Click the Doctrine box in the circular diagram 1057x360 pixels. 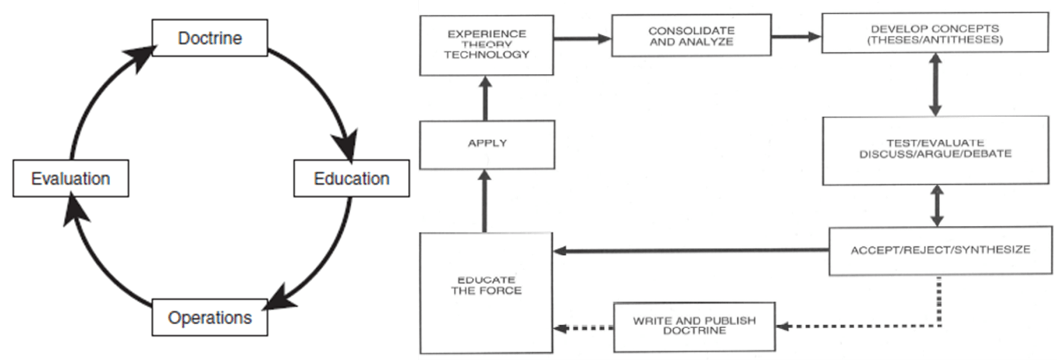[x=210, y=38]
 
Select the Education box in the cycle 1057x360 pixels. [x=351, y=178]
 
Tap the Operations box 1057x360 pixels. [x=210, y=318]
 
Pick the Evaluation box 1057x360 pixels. [x=70, y=178]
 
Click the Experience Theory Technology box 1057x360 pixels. [x=487, y=45]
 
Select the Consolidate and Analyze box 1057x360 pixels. [x=691, y=36]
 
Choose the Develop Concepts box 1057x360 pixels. [x=935, y=34]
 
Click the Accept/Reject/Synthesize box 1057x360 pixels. [x=940, y=250]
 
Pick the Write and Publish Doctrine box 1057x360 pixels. [x=694, y=326]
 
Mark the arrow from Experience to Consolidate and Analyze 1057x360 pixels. [x=582, y=39]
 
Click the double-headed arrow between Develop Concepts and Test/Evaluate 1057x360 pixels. [x=935, y=84]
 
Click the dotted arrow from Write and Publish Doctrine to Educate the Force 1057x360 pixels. [x=584, y=329]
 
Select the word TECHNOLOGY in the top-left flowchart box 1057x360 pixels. [x=487, y=54]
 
